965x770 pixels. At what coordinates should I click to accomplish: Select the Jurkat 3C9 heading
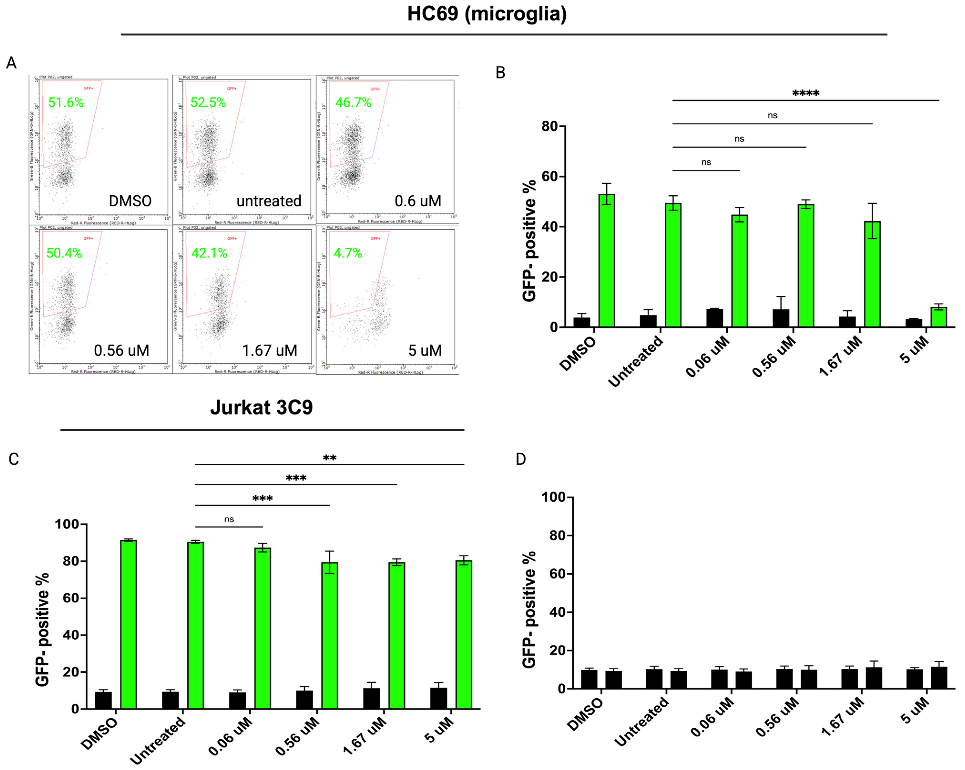pyautogui.click(x=261, y=407)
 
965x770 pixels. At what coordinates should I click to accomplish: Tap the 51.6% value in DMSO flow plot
pyautogui.click(x=66, y=103)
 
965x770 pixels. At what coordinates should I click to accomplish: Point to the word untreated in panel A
pyautogui.click(x=269, y=201)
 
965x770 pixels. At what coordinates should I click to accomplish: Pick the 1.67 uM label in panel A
pyautogui.click(x=270, y=350)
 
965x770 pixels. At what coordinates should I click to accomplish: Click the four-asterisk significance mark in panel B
pyautogui.click(x=806, y=93)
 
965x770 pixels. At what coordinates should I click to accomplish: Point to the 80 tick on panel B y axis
pyautogui.click(x=550, y=127)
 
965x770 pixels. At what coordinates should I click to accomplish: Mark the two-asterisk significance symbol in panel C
pyautogui.click(x=329, y=457)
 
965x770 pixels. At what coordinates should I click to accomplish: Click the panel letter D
pyautogui.click(x=521, y=459)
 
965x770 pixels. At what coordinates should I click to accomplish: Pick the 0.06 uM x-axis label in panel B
pyautogui.click(x=707, y=357)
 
